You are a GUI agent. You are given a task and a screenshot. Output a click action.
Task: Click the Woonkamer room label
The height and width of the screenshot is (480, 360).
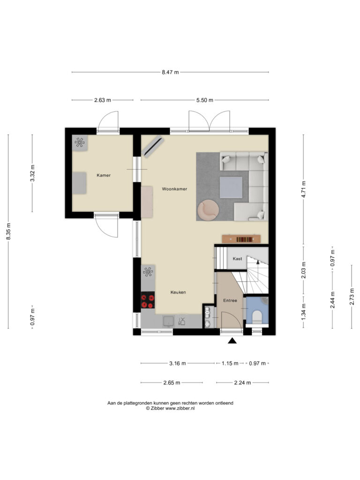pyautogui.click(x=174, y=189)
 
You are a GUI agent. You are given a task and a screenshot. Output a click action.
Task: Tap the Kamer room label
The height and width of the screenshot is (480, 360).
pyautogui.click(x=104, y=175)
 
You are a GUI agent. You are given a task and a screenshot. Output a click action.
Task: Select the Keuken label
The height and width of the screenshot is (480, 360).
pyautogui.click(x=178, y=292)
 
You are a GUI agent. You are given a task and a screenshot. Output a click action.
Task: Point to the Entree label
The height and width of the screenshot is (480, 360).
pyautogui.click(x=230, y=300)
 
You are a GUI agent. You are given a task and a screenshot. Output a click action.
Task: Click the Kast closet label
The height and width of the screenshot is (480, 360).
pyautogui.click(x=237, y=259)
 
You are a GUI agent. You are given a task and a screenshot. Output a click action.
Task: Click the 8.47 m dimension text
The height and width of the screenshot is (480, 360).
pyautogui.click(x=170, y=72)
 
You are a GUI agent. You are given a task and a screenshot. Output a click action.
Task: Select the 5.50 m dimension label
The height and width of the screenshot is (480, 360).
pyautogui.click(x=205, y=100)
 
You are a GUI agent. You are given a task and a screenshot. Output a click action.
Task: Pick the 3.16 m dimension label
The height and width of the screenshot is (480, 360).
pyautogui.click(x=178, y=363)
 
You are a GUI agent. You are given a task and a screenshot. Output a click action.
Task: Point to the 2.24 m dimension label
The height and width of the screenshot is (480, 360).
pyautogui.click(x=242, y=382)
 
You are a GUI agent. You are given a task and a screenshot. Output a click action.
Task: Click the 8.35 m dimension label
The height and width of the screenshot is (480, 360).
pyautogui.click(x=8, y=232)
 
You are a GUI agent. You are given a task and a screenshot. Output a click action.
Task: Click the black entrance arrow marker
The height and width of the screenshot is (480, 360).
pyautogui.click(x=232, y=340)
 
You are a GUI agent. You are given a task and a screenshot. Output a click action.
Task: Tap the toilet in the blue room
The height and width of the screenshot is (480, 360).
pyautogui.click(x=257, y=317)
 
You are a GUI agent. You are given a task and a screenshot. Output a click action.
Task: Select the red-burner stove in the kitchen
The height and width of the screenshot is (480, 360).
pyautogui.click(x=148, y=300)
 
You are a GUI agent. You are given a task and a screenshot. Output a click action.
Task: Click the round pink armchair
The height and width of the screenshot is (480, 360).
pyautogui.click(x=208, y=210)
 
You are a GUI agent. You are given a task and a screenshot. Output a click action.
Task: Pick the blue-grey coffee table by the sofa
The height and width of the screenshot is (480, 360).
pyautogui.click(x=231, y=187)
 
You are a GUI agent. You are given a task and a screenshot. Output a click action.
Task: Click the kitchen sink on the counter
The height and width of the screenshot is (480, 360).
pyautogui.click(x=169, y=321)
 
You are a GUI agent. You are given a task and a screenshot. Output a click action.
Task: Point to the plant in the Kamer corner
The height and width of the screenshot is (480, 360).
pyautogui.click(x=79, y=142)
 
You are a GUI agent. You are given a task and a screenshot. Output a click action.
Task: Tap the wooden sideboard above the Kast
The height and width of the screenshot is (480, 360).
pyautogui.click(x=241, y=239)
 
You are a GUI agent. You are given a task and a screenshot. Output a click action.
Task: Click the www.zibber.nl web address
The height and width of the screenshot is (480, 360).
pyautogui.click(x=180, y=408)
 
